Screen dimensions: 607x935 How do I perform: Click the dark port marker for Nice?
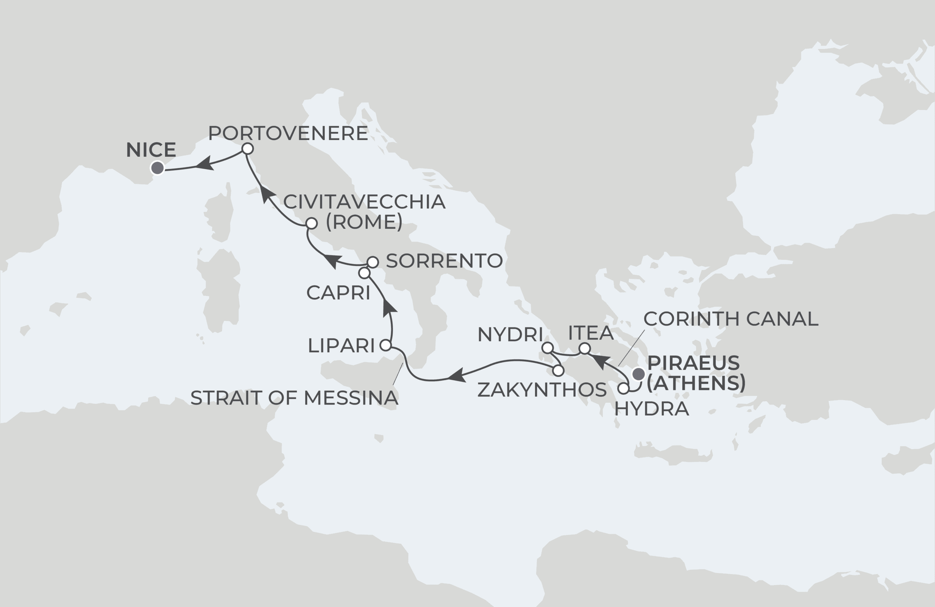tap(157, 168)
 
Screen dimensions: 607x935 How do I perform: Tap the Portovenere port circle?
tap(248, 149)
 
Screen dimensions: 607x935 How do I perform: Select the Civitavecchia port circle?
tap(312, 223)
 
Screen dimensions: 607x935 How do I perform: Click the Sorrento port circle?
tap(373, 262)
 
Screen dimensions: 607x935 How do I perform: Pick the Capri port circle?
tap(364, 273)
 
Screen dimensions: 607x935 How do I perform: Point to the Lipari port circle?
tap(386, 346)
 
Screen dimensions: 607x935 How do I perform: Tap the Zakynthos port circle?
tap(558, 370)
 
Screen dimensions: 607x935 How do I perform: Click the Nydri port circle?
tap(547, 348)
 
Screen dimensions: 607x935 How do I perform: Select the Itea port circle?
tap(585, 348)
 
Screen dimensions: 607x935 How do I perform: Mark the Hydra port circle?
tap(623, 389)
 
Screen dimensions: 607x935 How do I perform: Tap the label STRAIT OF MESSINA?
tap(294, 398)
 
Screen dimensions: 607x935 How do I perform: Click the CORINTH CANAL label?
tap(731, 319)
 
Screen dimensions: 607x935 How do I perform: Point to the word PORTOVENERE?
tap(288, 133)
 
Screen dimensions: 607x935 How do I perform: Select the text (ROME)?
tap(364, 222)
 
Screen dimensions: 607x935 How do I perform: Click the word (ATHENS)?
tap(696, 383)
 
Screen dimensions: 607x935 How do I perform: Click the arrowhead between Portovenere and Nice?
tap(204, 164)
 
